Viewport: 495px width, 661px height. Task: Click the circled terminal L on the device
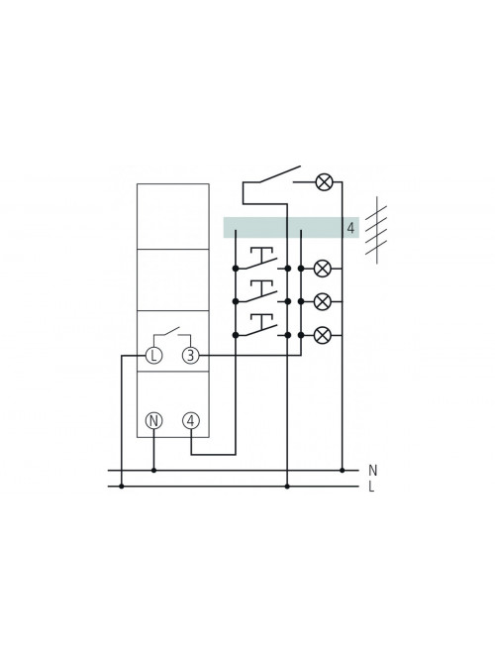[x=153, y=356]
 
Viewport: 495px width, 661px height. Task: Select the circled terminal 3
[x=190, y=356]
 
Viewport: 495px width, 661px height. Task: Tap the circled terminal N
[x=153, y=421]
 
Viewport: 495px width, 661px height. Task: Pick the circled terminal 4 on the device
[x=191, y=421]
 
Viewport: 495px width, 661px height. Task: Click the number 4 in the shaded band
[x=350, y=228]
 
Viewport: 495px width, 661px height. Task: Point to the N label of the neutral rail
[x=372, y=470]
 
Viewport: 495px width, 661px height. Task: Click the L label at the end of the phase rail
[x=371, y=487]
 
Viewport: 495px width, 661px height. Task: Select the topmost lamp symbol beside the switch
[x=324, y=182]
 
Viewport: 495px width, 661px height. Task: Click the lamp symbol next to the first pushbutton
[x=323, y=269]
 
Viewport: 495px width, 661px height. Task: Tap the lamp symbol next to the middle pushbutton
[x=323, y=301]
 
